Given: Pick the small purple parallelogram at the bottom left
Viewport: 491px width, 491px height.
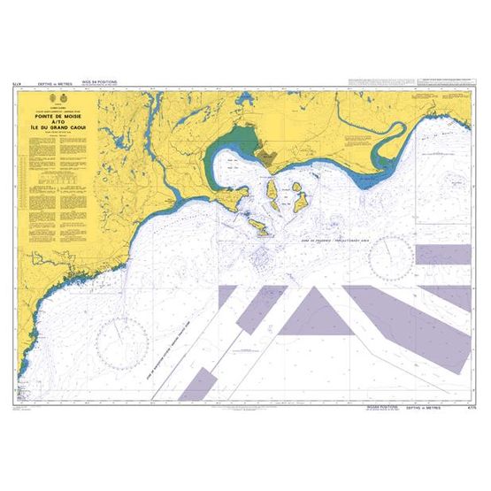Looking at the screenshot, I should tap(199, 383).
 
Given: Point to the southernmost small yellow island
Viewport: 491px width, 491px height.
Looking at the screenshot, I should tap(261, 229).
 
